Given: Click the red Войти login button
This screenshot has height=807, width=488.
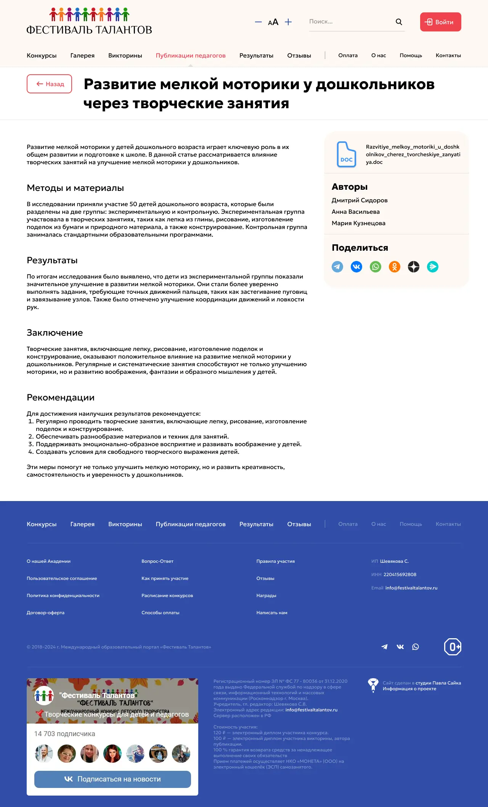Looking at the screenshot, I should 440,22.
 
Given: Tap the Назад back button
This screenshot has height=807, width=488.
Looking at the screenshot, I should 50,84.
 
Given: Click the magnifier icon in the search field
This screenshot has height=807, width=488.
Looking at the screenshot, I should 399,22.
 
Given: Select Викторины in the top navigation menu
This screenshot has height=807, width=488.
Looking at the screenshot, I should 125,56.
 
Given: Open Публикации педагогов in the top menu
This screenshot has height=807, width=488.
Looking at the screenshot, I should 191,56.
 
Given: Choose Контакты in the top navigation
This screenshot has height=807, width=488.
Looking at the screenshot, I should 448,56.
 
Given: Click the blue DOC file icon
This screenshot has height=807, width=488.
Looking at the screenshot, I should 346,154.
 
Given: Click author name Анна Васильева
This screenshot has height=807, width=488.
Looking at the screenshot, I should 356,212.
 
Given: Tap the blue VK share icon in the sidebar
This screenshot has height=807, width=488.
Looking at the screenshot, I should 356,267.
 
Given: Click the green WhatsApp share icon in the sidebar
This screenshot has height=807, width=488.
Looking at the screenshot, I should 376,267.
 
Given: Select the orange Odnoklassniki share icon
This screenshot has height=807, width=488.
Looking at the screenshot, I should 395,267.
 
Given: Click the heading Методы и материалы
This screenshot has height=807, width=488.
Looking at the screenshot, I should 75,188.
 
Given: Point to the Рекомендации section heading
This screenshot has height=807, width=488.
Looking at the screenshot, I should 61,398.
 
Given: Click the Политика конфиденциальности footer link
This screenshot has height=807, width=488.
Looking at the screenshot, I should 63,596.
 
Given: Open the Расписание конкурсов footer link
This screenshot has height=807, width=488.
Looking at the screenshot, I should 167,596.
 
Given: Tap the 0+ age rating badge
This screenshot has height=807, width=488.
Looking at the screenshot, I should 453,647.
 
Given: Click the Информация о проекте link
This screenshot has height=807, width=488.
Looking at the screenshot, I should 409,689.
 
